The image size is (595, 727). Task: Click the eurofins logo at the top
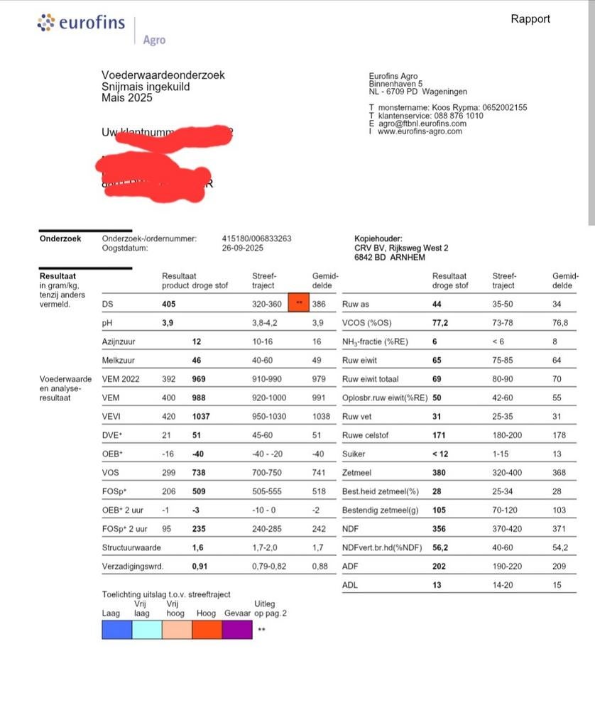pyautogui.click(x=80, y=23)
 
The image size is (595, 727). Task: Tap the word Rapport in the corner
pyautogui.click(x=530, y=19)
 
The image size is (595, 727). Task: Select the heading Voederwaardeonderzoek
pyautogui.click(x=163, y=75)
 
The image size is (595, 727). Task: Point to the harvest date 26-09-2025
pyautogui.click(x=243, y=248)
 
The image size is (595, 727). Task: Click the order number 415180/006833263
pyautogui.click(x=256, y=239)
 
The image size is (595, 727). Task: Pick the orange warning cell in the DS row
pyautogui.click(x=299, y=304)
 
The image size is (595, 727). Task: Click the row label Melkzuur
pyautogui.click(x=119, y=361)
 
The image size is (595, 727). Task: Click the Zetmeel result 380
pyautogui.click(x=441, y=472)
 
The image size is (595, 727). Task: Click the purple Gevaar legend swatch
pyautogui.click(x=237, y=629)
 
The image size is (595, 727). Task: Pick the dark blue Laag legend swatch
pyautogui.click(x=117, y=629)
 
